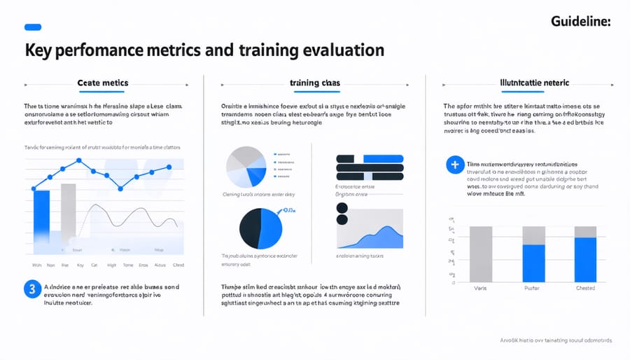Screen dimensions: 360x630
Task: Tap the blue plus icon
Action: point(455,165)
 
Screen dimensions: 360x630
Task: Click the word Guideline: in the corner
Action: point(581,22)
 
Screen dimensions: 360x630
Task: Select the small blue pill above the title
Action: point(34,27)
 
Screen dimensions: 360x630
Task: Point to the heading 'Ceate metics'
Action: point(103,83)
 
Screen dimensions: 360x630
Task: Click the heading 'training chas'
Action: point(315,83)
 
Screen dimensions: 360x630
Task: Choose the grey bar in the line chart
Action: point(68,214)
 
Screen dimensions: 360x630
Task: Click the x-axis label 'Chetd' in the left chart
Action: point(178,265)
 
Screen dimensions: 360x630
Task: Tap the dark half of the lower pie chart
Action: point(251,228)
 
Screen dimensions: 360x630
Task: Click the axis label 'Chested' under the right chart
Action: point(585,288)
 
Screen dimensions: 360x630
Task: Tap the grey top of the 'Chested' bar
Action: point(585,231)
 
